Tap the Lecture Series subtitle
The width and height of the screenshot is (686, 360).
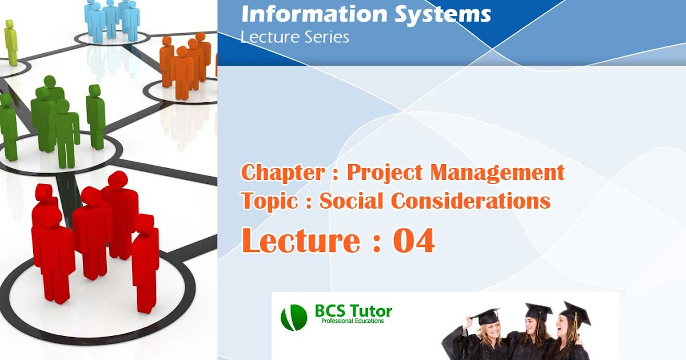click(x=295, y=38)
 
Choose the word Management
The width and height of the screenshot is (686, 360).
click(x=497, y=172)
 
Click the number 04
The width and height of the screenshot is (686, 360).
click(x=414, y=241)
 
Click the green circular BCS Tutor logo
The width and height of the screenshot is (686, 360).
click(x=294, y=317)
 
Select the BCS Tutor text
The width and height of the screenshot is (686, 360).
click(x=353, y=311)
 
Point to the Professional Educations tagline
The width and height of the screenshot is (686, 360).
click(x=352, y=321)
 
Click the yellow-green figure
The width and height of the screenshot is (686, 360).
click(x=11, y=42)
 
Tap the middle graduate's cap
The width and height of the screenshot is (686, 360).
click(x=538, y=311)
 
